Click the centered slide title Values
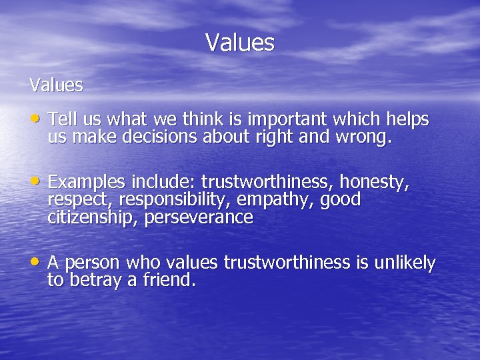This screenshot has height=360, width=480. point(240,43)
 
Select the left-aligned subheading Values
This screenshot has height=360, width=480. point(56,85)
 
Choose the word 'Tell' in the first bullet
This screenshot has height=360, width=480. point(63,120)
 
